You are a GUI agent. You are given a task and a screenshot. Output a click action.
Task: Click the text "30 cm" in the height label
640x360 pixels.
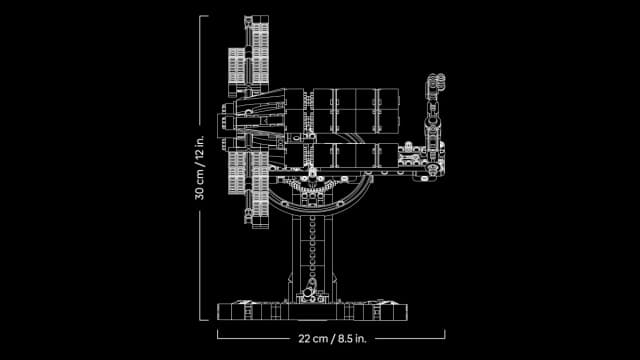(200, 183)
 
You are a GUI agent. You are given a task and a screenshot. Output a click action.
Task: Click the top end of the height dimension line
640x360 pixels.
(207, 16)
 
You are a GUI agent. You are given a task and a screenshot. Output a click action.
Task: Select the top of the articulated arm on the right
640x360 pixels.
(435, 77)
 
